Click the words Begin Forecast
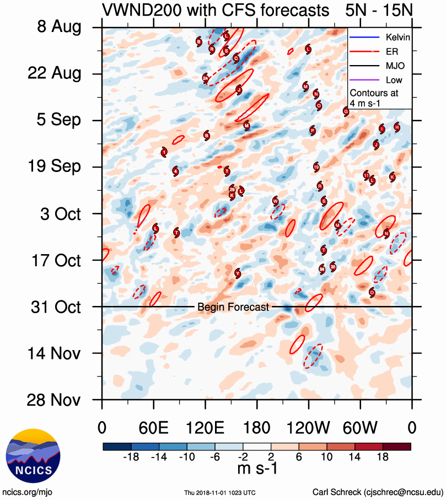(233, 307)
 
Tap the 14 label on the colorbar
(356, 457)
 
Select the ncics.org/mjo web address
(28, 492)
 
